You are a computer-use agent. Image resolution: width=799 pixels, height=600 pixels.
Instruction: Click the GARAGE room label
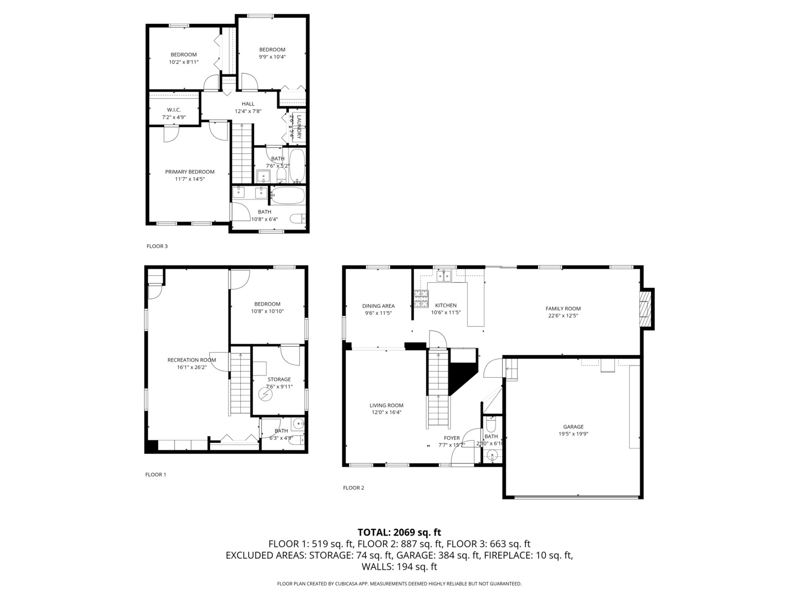(573, 427)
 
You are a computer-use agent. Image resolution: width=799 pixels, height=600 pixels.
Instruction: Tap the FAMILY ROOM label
(563, 309)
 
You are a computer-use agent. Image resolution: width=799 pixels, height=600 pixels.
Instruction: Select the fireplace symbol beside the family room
(644, 309)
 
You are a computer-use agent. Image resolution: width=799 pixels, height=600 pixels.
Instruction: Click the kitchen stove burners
(421, 299)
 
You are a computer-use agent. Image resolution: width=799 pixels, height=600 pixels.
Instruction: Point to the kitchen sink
(443, 275)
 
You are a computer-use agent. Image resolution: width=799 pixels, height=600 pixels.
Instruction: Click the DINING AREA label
(378, 306)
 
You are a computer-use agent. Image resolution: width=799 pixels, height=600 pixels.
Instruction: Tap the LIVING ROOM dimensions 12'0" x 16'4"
(387, 413)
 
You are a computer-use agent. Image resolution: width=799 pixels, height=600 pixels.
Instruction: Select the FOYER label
(452, 438)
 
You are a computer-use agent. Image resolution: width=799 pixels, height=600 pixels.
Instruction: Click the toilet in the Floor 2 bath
(490, 425)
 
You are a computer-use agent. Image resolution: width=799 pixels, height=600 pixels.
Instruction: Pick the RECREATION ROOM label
(191, 360)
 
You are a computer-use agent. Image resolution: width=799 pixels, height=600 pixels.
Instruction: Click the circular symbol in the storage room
(266, 394)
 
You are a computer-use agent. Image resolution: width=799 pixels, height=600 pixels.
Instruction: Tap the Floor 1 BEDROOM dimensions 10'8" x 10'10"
(267, 312)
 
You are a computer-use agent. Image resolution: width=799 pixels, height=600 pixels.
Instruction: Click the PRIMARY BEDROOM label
(189, 172)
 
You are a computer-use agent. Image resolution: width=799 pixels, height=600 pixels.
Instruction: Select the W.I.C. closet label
(174, 110)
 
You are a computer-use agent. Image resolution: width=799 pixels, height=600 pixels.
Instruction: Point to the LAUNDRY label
(299, 127)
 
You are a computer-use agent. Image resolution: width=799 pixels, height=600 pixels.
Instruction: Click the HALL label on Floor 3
(248, 104)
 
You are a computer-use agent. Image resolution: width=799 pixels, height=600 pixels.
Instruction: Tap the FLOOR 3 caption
(156, 246)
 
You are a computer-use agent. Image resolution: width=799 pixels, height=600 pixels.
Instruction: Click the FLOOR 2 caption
(353, 488)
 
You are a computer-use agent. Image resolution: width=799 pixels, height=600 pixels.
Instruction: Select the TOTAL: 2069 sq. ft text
(399, 532)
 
